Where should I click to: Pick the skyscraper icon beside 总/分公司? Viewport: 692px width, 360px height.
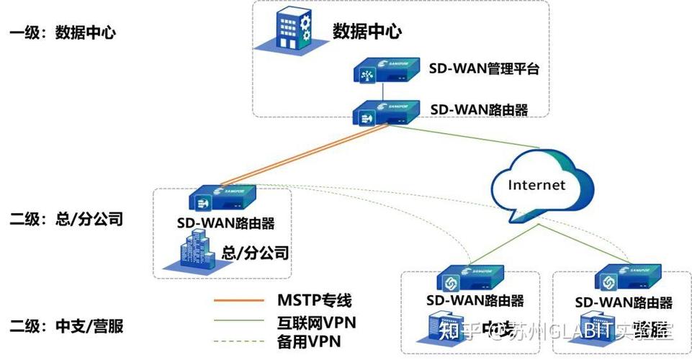point(192,254)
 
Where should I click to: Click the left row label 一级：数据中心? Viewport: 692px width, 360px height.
point(62,33)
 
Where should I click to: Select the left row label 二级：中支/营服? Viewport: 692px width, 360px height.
point(66,326)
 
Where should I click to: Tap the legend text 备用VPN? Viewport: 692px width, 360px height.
point(309,341)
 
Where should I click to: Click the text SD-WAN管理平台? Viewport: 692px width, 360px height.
point(484,70)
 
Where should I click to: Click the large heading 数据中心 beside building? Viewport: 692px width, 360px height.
point(367,32)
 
